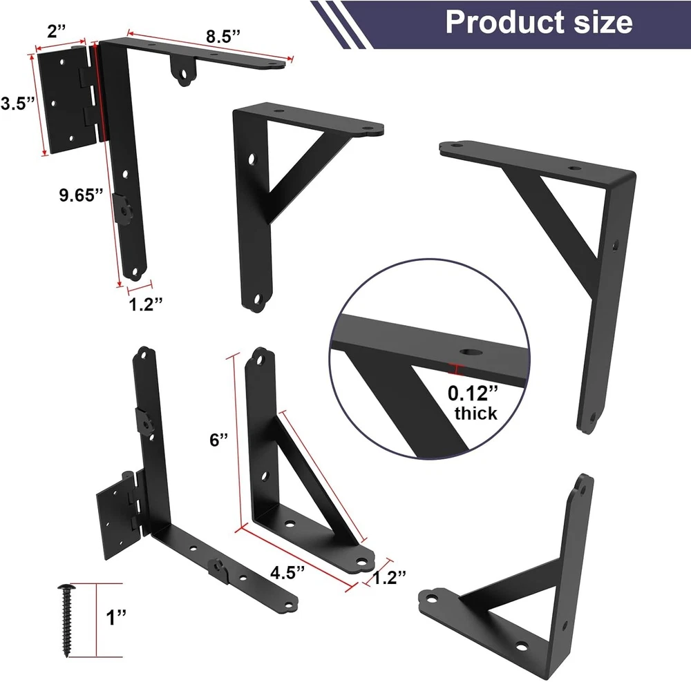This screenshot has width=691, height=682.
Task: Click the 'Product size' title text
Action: click(x=538, y=21)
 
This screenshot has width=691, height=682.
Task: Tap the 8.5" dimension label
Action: click(x=223, y=36)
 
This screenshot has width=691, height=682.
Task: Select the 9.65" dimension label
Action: click(x=81, y=195)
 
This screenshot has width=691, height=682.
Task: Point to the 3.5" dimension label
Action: click(x=17, y=104)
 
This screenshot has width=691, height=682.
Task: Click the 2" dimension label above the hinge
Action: click(x=57, y=31)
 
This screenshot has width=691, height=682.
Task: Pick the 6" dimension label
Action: click(x=218, y=440)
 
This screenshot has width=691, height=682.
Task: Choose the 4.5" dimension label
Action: click(x=287, y=572)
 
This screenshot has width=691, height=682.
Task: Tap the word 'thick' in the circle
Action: click(x=476, y=413)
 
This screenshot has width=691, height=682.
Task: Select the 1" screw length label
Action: click(x=116, y=617)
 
